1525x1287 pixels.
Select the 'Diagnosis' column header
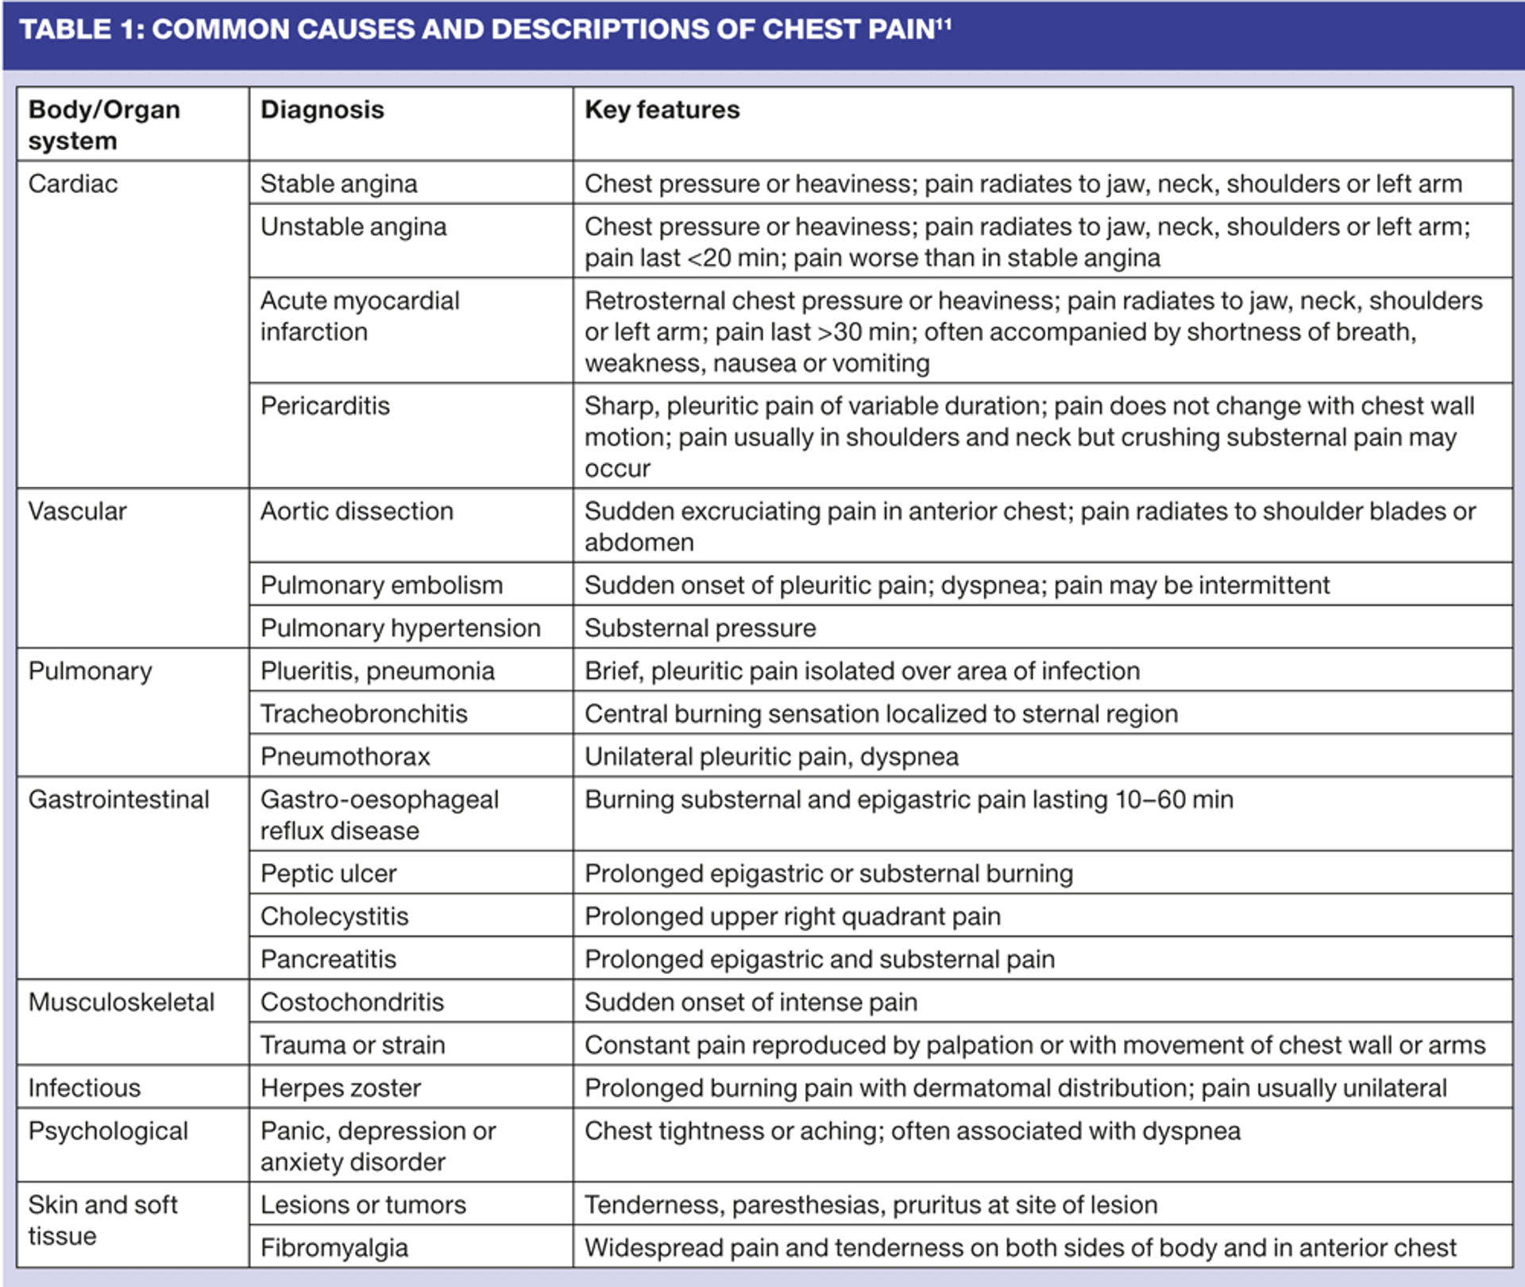pos(322,110)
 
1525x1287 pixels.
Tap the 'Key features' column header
pos(662,110)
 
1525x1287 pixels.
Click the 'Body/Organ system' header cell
pos(104,125)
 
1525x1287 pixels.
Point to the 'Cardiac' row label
pos(73,184)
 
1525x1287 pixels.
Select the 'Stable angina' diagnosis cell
pos(338,184)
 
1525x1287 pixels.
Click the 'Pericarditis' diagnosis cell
pos(325,406)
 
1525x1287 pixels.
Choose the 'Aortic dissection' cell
pos(357,511)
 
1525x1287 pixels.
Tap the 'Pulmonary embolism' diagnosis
pos(381,586)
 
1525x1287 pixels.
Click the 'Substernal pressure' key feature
pos(700,628)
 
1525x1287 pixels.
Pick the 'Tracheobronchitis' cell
pos(364,714)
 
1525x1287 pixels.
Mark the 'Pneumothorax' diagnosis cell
pos(345,757)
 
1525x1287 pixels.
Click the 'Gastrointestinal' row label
pos(119,799)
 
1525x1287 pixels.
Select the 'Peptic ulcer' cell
pos(328,874)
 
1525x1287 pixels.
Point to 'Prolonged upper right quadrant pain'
pos(792,917)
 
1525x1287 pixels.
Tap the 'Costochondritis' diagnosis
pos(352,1003)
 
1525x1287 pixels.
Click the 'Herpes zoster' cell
pos(340,1088)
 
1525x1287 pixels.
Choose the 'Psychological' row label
pos(108,1131)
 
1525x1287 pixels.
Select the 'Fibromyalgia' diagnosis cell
pos(334,1248)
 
